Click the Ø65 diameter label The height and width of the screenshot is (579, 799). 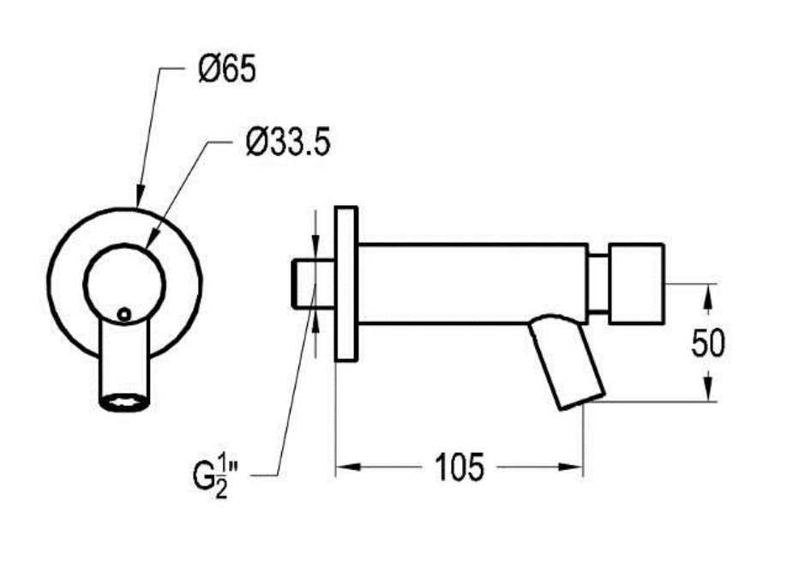[227, 69]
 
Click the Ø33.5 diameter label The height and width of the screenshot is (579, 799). [288, 142]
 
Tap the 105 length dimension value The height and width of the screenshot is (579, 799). [459, 467]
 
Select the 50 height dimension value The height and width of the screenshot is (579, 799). [707, 342]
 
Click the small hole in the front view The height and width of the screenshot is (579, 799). [123, 315]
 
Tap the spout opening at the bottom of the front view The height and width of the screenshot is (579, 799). [125, 402]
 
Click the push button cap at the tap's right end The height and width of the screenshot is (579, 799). [636, 284]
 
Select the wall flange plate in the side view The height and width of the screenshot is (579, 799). [346, 284]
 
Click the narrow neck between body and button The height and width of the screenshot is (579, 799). [598, 284]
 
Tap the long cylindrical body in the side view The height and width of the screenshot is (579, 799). [472, 284]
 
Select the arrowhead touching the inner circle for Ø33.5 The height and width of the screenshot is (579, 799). [152, 238]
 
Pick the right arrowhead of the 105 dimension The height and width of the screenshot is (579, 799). [571, 467]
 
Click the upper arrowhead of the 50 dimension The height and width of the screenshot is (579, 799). [707, 297]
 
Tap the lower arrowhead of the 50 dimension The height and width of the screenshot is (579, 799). [707, 389]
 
